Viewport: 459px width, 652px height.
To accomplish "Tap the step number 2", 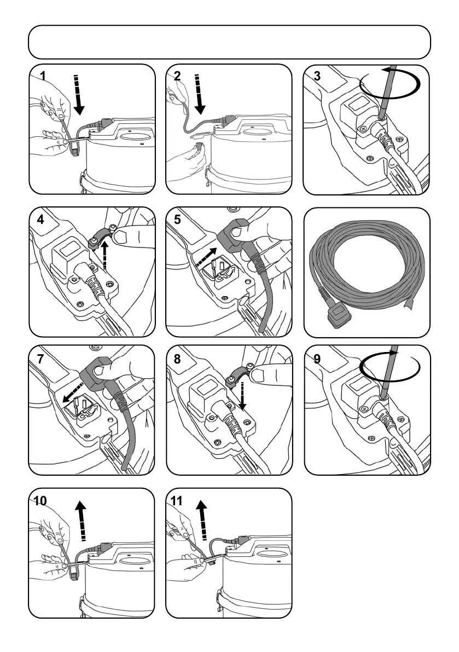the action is pos(177,76).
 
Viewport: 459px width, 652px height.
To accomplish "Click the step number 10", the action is pos(40,500).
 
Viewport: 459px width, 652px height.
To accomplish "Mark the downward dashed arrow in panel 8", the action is pos(242,395).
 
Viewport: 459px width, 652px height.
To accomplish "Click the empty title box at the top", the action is pos(229,42).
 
